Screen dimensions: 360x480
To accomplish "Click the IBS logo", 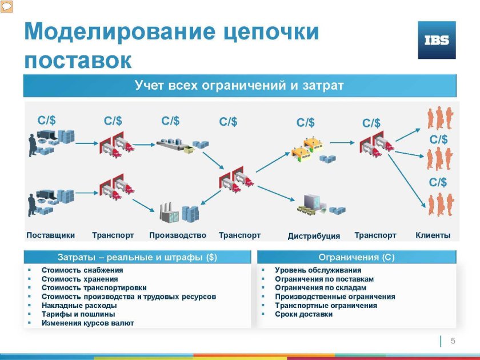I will coord(437,40).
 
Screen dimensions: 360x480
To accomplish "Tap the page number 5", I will coord(453,341).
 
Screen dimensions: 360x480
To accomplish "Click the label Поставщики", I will coord(51,235).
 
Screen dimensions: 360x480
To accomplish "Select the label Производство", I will coord(177,235).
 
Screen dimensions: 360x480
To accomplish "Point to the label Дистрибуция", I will coord(314,236).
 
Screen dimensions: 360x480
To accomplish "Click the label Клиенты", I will coord(433,235).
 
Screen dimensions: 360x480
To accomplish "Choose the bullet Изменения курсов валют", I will coord(87,323).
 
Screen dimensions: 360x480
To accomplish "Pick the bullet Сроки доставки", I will coord(303,314).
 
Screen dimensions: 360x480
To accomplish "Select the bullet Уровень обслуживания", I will coord(318,270).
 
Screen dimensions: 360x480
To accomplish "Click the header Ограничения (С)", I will coord(356,257).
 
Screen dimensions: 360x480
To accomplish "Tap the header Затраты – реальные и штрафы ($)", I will coord(137,257).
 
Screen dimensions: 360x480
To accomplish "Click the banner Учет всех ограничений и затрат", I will coord(239,86).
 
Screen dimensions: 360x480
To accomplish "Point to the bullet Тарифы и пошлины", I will coord(78,314).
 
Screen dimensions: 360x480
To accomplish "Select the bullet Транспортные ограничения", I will coord(326,306).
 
